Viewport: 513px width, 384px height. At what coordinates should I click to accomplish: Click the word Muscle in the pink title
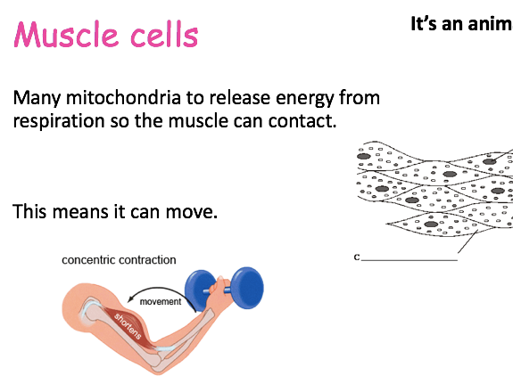pyautogui.click(x=65, y=35)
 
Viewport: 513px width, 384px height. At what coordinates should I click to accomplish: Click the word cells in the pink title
pyautogui.click(x=164, y=35)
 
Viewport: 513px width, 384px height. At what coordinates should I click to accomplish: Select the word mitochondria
pyautogui.click(x=123, y=97)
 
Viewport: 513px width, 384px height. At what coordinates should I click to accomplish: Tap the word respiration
pyautogui.click(x=59, y=121)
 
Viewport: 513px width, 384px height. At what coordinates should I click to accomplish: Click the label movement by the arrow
pyautogui.click(x=161, y=301)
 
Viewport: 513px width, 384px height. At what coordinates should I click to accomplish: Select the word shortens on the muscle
pyautogui.click(x=128, y=326)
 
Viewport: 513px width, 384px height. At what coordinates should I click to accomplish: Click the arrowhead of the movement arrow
pyautogui.click(x=131, y=298)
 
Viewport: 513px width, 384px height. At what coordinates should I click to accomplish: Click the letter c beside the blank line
pyautogui.click(x=357, y=257)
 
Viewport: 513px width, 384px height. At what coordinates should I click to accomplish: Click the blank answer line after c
pyautogui.click(x=410, y=260)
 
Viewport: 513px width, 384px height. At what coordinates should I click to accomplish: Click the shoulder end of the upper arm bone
pyautogui.click(x=87, y=309)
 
